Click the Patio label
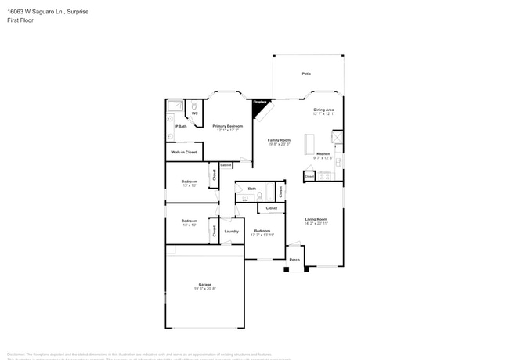pyautogui.click(x=306, y=74)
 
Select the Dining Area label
pyautogui.click(x=323, y=110)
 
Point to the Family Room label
pyautogui.click(x=279, y=140)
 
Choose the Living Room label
pyautogui.click(x=316, y=219)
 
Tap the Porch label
pyautogui.click(x=294, y=260)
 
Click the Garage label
pyautogui.click(x=204, y=285)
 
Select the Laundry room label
pyautogui.click(x=231, y=232)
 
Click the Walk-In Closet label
pyautogui.click(x=184, y=152)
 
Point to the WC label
pyautogui.click(x=194, y=113)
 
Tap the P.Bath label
pyautogui.click(x=180, y=126)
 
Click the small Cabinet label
pyautogui.click(x=226, y=165)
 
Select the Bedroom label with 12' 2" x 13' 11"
pyautogui.click(x=262, y=232)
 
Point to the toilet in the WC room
pyautogui.click(x=194, y=105)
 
